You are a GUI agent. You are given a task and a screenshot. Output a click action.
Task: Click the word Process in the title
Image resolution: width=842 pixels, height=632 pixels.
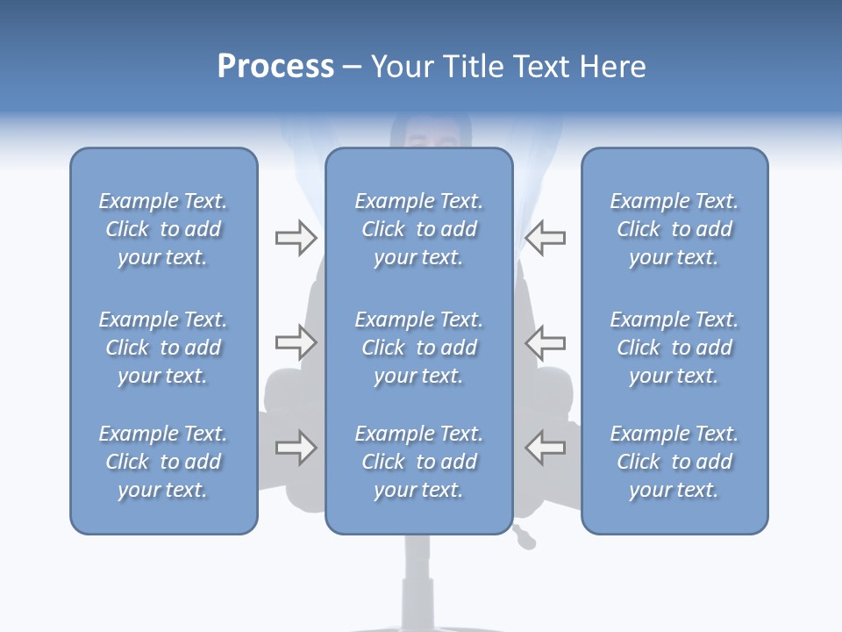[x=275, y=67]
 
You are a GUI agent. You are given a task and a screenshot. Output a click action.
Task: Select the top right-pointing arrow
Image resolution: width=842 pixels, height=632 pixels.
[x=296, y=238]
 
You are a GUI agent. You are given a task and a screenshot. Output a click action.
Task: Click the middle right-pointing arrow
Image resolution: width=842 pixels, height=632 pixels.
[x=296, y=341]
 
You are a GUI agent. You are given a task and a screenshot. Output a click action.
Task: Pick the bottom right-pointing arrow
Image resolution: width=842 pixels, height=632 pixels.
[x=296, y=448]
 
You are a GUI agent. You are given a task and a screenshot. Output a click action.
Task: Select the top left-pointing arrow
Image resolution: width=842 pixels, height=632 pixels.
[x=545, y=238]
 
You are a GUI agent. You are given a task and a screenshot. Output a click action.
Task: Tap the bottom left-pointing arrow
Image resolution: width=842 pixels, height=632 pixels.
[x=545, y=448]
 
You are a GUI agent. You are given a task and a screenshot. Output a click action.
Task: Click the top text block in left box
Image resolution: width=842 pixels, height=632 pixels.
[x=163, y=229]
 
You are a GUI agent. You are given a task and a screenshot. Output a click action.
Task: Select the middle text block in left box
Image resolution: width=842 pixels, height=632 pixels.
[x=163, y=348]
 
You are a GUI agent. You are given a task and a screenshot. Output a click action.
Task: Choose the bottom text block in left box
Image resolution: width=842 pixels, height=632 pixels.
[x=163, y=462]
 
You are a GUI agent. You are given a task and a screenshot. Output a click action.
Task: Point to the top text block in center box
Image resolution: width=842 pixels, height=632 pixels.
[x=418, y=229]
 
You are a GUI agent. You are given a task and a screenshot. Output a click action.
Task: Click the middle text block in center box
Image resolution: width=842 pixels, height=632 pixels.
[x=418, y=348]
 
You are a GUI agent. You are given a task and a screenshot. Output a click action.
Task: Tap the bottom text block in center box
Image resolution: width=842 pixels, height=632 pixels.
[x=418, y=462]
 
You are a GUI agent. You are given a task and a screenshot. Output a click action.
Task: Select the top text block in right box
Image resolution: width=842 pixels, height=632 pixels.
[x=674, y=229]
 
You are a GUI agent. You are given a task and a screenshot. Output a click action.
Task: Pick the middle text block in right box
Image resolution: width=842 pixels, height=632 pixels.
[x=674, y=348]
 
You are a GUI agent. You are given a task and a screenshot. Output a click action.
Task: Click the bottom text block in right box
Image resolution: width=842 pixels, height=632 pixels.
[x=674, y=462]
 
